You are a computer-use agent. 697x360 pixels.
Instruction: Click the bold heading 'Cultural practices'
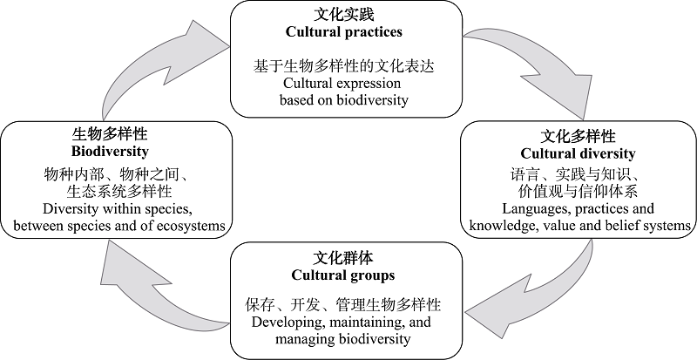tap(343, 32)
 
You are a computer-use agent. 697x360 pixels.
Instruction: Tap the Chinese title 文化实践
tap(343, 15)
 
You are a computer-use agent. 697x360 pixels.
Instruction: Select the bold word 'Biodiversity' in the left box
tap(110, 152)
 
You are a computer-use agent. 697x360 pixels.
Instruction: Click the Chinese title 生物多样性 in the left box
tap(110, 134)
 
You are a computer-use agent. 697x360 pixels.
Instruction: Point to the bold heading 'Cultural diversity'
tap(578, 153)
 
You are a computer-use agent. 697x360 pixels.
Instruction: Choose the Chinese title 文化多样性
tap(578, 136)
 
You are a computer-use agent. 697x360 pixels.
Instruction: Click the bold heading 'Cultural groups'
tap(343, 275)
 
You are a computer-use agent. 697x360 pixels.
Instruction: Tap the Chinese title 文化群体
tap(343, 258)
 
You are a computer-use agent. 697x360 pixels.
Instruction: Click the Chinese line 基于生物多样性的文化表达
tap(343, 66)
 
